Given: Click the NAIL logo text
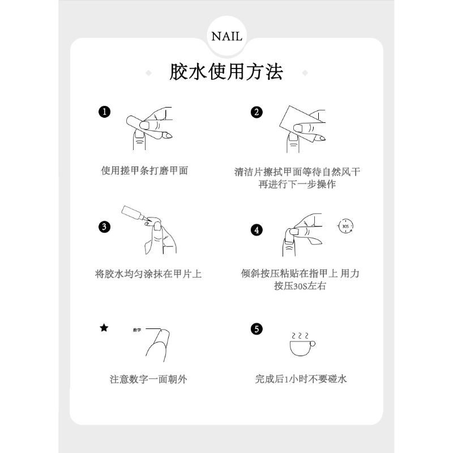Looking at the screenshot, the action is click(x=227, y=37).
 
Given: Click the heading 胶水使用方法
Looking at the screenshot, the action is click(x=226, y=72).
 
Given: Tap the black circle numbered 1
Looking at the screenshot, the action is click(x=105, y=112).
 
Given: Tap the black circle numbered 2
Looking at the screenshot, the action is click(x=257, y=112).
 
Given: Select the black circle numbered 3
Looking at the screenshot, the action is click(x=104, y=227).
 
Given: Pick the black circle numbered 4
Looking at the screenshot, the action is click(x=257, y=230).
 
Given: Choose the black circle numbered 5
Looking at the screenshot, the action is click(x=257, y=329).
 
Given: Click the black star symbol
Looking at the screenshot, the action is click(x=104, y=328).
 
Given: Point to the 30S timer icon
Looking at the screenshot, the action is click(x=345, y=226).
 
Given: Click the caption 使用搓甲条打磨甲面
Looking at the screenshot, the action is click(x=144, y=171).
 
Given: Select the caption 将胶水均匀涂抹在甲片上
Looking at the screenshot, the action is click(x=148, y=274).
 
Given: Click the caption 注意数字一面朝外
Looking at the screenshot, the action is click(x=148, y=379).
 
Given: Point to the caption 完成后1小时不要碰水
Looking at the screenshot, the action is click(x=301, y=379).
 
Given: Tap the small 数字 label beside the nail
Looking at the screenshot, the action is click(x=137, y=330).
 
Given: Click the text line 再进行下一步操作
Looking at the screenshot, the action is click(x=297, y=185).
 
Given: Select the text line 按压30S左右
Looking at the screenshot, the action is click(x=300, y=286).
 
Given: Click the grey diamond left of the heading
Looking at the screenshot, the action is click(x=148, y=73).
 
